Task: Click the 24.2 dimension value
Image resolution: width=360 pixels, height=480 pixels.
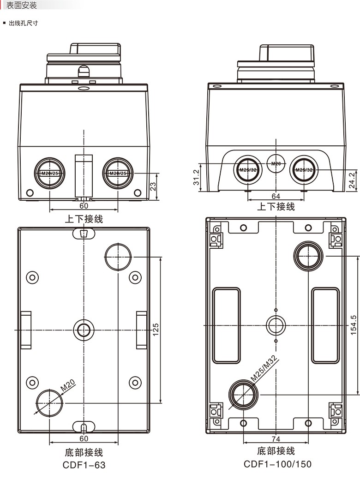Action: click(x=352, y=180)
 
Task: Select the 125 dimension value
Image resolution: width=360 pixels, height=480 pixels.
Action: click(x=156, y=330)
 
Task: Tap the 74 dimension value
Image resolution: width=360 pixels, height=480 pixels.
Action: click(x=276, y=439)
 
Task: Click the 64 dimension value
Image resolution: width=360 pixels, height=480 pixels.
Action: click(x=276, y=196)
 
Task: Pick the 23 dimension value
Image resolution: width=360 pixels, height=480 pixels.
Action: click(x=153, y=186)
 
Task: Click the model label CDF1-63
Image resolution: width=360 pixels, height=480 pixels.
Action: click(x=84, y=465)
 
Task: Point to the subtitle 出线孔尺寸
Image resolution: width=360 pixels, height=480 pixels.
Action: click(x=23, y=23)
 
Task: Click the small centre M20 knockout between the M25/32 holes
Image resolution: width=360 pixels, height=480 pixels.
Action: click(x=276, y=163)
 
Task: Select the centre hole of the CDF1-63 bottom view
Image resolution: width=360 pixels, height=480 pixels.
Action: click(x=84, y=330)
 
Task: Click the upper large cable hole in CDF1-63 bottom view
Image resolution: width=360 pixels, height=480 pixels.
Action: click(x=118, y=256)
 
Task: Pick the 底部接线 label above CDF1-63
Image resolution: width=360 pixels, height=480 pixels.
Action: click(x=84, y=452)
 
